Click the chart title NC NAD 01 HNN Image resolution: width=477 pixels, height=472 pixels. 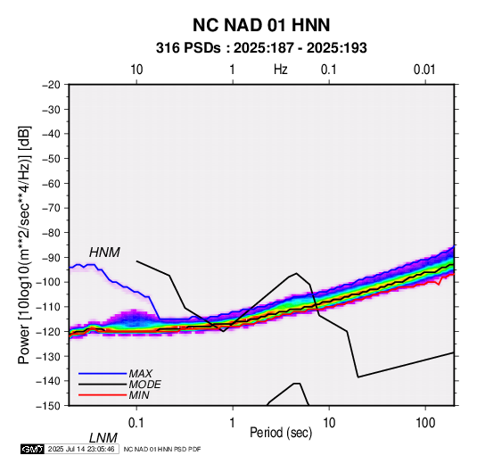261,25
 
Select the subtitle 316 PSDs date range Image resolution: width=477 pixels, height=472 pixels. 261,48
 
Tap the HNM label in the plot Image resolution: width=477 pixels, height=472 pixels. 104,253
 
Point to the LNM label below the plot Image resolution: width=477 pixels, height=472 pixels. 103,438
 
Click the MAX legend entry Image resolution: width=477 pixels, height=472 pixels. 140,373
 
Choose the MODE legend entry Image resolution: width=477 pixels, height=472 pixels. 144,385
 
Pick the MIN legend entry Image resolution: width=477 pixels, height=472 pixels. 139,395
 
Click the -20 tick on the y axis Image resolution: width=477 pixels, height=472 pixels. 51,85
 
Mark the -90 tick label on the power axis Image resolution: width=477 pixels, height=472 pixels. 51,257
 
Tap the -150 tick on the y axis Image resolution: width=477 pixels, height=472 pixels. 48,406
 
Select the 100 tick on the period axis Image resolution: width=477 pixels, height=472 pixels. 425,423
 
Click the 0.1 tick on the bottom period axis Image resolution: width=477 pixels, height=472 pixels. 136,423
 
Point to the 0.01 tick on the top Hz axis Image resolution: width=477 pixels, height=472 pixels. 424,70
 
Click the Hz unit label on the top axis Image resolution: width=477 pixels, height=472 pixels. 281,70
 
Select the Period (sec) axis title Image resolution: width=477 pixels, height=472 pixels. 281,433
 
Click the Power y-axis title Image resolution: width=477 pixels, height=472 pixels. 24,244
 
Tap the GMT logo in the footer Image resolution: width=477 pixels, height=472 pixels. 33,449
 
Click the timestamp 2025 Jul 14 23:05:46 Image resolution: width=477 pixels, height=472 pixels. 81,449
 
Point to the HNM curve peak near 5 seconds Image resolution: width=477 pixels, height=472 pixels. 296,273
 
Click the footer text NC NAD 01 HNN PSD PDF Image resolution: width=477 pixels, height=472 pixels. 162,449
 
